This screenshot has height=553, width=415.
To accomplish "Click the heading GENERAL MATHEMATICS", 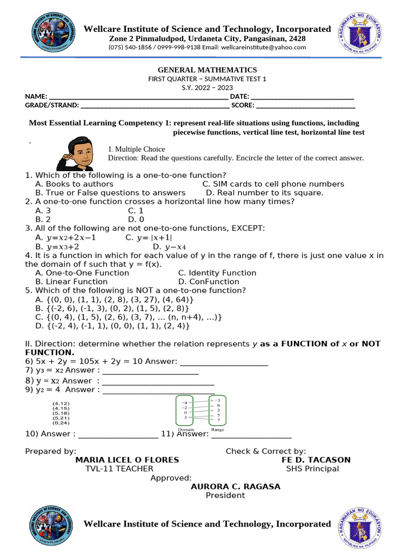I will coord(207,70).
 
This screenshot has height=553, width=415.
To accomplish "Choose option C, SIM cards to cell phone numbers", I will coord(273,184).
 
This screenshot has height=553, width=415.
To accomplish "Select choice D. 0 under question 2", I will coord(136,220).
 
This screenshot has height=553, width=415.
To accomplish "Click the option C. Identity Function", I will coord(217,273).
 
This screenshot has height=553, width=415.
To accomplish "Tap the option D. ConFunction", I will coord(209,281).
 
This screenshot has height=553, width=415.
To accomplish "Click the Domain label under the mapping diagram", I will coord(186,429).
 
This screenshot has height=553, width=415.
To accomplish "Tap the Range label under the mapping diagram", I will coord(218,429).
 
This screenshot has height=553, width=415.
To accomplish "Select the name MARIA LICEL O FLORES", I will coord(127,460).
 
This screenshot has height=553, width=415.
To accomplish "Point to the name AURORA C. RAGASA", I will coord(236,487).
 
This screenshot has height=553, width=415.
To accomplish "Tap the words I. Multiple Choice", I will coord(137,149).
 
